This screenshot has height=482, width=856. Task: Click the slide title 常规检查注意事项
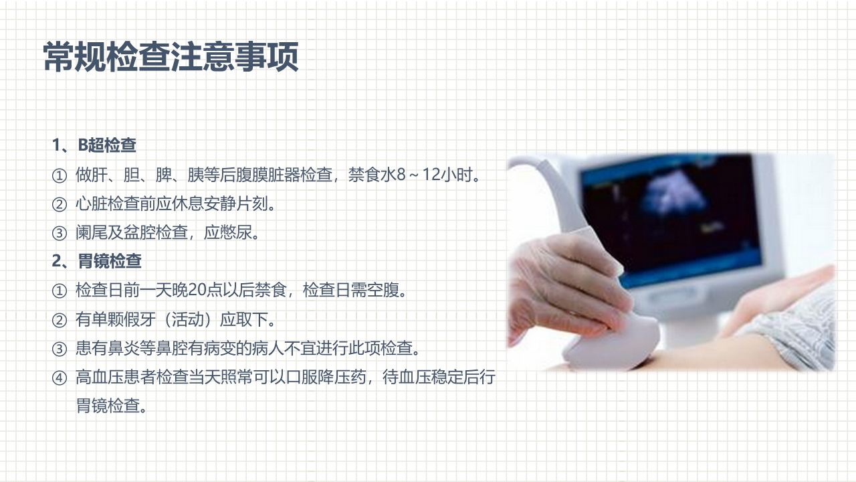[x=171, y=58]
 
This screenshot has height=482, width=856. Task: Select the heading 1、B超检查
[x=94, y=145]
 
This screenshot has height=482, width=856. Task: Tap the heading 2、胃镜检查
[x=97, y=261]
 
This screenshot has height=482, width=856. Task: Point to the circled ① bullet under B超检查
[x=60, y=175]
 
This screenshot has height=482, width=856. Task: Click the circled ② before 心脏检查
[x=60, y=204]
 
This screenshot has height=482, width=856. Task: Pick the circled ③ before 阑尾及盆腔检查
[x=60, y=233]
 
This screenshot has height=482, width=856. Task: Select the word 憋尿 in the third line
[x=235, y=233]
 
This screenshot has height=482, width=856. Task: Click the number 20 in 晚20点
[x=197, y=291]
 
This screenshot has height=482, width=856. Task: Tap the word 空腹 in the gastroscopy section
[x=384, y=291]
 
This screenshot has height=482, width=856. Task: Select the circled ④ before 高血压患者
[x=60, y=378]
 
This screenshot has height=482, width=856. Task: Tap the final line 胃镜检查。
[x=111, y=406]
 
